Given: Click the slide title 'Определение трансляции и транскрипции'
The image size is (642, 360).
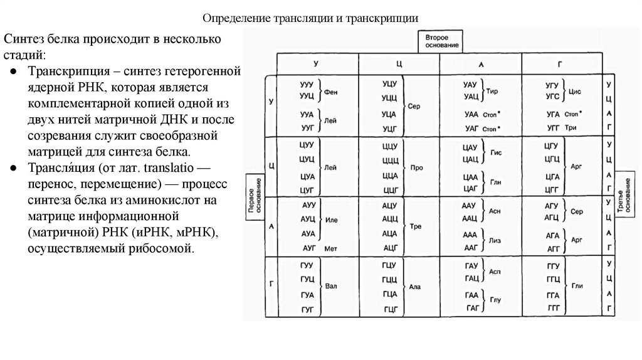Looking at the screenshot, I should (312, 18).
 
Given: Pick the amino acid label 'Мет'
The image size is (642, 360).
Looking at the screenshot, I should (331, 248).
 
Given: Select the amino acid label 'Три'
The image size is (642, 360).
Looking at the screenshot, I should (571, 127).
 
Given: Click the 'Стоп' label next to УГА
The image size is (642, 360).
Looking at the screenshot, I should (571, 114).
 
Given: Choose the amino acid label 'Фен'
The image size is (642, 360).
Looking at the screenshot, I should (331, 92).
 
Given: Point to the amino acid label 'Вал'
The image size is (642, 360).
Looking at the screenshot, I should (331, 287).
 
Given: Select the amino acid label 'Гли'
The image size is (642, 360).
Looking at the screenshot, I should (577, 286).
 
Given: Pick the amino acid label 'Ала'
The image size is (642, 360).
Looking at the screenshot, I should (414, 287).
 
